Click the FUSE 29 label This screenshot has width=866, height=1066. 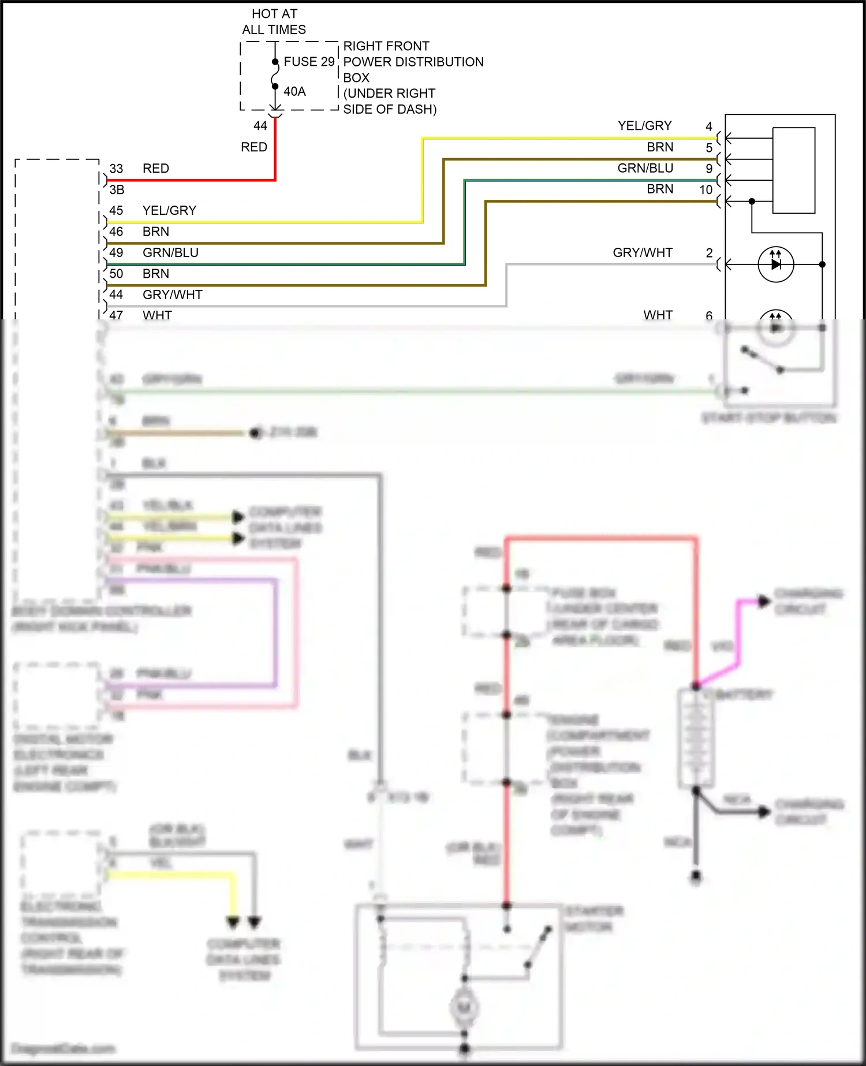[309, 61]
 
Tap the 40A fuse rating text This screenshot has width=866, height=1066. [294, 91]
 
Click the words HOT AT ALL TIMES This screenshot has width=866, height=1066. [274, 21]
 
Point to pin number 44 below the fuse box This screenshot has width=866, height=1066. [260, 126]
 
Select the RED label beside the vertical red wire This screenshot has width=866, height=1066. [254, 147]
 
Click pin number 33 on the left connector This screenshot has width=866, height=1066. [116, 169]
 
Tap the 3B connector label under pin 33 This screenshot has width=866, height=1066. [117, 189]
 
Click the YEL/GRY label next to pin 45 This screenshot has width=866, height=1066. [169, 210]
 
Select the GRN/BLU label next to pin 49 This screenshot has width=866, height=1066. [170, 252]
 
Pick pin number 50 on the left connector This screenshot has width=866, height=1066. [116, 274]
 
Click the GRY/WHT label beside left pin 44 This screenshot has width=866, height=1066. [173, 295]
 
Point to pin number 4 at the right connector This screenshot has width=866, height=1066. [709, 126]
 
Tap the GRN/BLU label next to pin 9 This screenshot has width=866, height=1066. [645, 168]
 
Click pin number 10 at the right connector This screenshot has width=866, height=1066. [706, 189]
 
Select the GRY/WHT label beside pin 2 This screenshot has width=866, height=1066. [643, 252]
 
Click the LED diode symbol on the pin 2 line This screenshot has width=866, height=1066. [776, 264]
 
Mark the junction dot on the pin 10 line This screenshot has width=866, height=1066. [752, 202]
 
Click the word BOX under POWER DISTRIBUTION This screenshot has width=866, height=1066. [356, 77]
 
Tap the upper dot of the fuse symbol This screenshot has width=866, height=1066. [275, 62]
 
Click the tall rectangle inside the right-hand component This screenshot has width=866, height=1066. [794, 170]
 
